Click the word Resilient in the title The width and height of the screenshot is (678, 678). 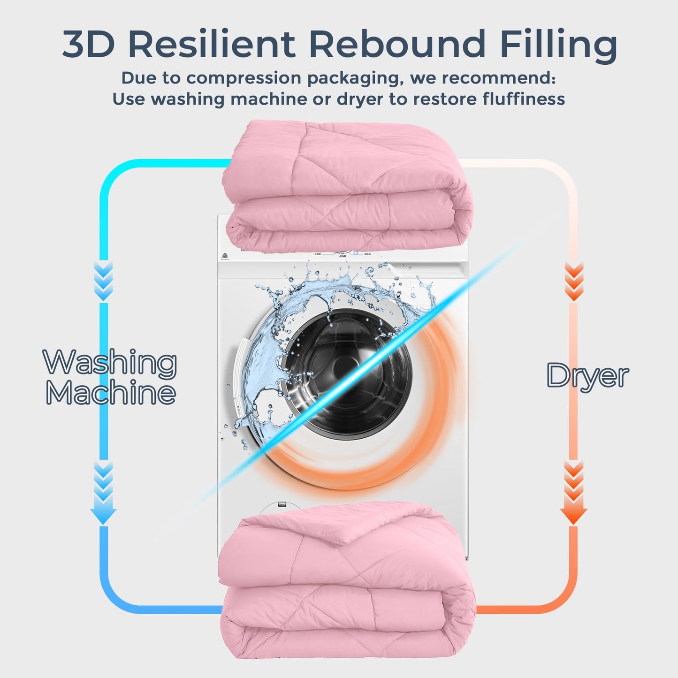[212, 45]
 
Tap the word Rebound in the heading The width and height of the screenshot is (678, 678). [397, 45]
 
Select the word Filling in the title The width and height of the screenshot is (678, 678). [558, 47]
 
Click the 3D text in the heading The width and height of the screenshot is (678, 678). [88, 45]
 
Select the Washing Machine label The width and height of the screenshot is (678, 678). [110, 376]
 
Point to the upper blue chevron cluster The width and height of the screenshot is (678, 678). [103, 282]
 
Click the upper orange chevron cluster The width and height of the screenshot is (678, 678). [573, 282]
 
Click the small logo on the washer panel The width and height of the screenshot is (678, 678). [224, 256]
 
